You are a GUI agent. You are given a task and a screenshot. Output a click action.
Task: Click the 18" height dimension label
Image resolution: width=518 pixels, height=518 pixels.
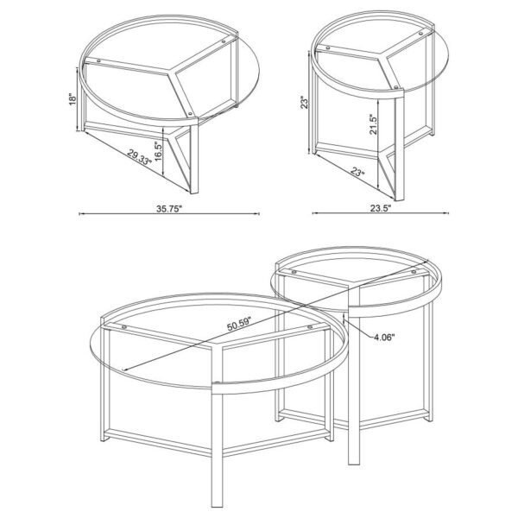tap(75, 98)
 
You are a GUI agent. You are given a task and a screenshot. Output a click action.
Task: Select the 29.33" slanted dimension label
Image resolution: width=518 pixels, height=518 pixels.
tap(139, 161)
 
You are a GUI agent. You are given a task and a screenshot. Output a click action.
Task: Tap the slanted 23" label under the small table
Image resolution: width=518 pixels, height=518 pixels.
tap(357, 173)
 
